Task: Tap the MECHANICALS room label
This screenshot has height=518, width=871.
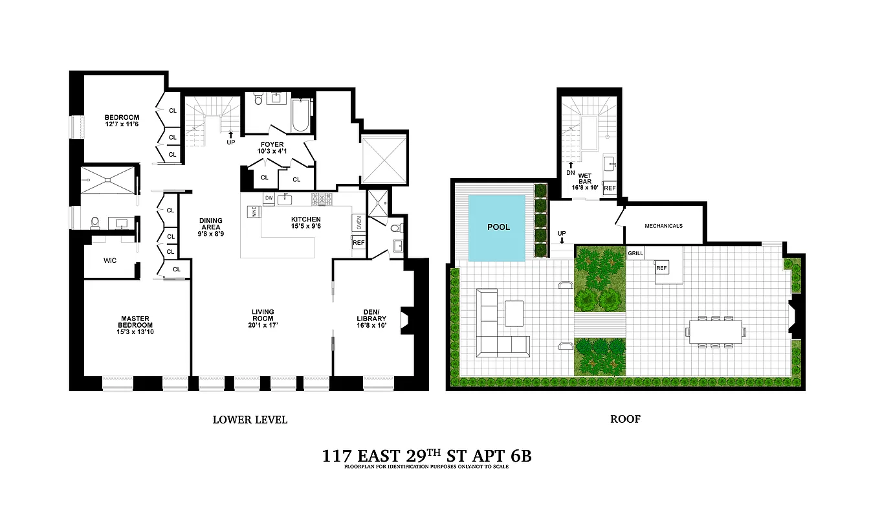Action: pos(663,226)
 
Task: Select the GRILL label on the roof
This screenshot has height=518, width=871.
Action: pos(635,253)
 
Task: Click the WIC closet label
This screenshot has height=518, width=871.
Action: pos(110,262)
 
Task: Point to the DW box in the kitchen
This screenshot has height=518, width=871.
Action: pos(268,197)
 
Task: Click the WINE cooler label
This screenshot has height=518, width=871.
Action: pos(254,210)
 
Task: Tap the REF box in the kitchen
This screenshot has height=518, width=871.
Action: pos(358,243)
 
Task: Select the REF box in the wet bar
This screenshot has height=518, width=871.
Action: pos(609,188)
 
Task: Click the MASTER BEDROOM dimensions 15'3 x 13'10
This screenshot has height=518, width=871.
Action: pos(135,332)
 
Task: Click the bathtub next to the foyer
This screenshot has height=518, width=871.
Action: pos(302,115)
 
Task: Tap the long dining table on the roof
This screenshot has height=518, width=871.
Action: pos(716,332)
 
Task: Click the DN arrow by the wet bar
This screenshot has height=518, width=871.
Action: pos(570,169)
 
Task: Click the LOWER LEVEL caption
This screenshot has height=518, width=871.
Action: pos(250,420)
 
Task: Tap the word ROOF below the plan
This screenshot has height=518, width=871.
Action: pos(625,420)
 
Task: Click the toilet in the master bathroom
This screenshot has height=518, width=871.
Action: pos(94,223)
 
